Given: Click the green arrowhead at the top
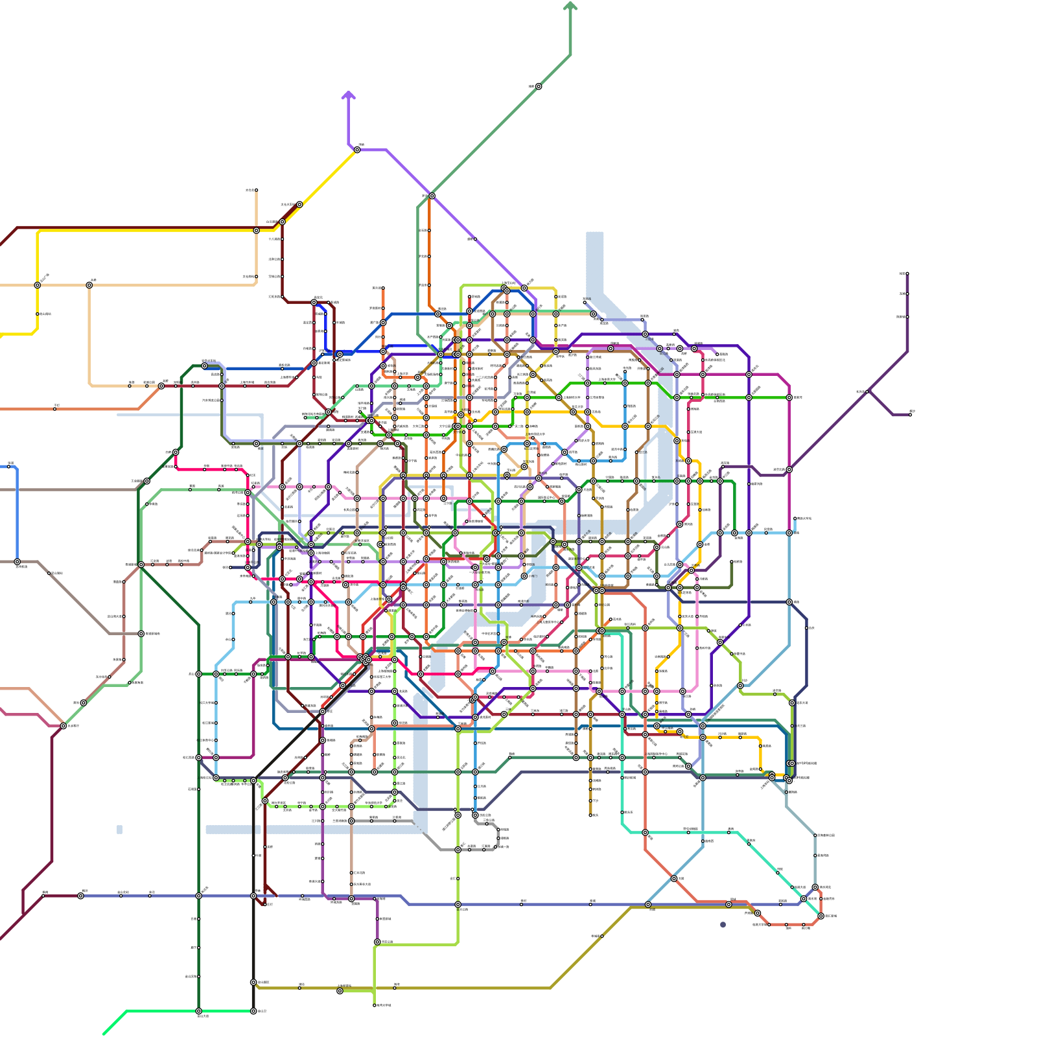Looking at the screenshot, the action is tap(570, 6).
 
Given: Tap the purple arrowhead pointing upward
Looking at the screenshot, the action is tap(349, 95).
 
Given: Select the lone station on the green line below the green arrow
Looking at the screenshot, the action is tap(538, 86).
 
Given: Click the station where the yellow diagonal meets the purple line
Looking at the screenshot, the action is tap(357, 150).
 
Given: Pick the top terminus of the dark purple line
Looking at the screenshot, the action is tap(907, 274).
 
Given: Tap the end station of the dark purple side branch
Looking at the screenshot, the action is tap(910, 414).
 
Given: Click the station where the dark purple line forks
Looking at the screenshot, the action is tap(868, 391).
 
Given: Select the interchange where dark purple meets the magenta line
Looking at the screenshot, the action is tap(789, 469).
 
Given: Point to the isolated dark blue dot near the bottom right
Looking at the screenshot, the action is tap(723, 925).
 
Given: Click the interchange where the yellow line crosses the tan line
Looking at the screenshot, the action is tap(37, 285).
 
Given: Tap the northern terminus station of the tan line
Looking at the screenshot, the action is tap(256, 191).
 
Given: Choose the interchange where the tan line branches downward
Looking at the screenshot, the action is tap(89, 285).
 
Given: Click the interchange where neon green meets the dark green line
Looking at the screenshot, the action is tap(198, 1010).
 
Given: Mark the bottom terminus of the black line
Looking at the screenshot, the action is tap(253, 1010).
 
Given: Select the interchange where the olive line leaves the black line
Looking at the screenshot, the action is tap(253, 982).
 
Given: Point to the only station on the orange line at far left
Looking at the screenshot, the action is tap(55, 408).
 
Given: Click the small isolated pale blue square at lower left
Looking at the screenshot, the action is tap(119, 829).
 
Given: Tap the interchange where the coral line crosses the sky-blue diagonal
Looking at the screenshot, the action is tap(674, 878).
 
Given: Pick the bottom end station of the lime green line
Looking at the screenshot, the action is tap(375, 1005).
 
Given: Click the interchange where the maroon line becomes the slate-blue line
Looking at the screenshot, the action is tap(80, 896).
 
